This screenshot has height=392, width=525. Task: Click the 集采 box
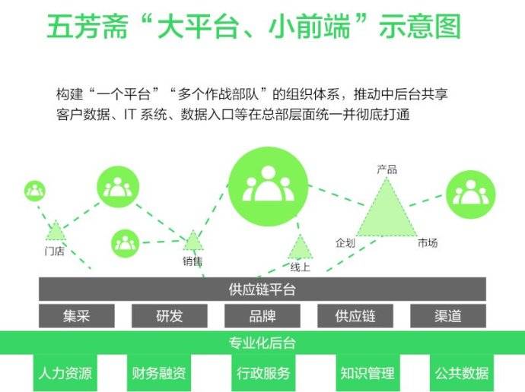point(77,316)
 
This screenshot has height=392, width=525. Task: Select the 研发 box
point(170,316)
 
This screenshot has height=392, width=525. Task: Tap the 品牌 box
point(262,316)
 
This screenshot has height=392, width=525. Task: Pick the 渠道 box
point(448,316)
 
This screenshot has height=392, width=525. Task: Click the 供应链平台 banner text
point(262,289)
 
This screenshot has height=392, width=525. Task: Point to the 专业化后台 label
point(262,343)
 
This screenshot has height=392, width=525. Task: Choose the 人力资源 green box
point(65,373)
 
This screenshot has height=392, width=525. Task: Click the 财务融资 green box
point(159,373)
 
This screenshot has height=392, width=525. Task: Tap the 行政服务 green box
point(263,373)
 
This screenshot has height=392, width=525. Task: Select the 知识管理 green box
point(367,373)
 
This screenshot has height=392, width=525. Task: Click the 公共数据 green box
point(462,373)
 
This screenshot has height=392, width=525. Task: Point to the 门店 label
point(54,251)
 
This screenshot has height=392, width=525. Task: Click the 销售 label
point(192,261)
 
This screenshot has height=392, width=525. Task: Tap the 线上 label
point(301,267)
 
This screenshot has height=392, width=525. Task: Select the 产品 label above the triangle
point(387,169)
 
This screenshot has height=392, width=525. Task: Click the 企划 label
point(345,242)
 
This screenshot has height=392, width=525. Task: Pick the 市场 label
point(428,242)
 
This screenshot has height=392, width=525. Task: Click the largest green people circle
point(268,186)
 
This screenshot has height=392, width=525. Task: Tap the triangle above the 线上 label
point(300,247)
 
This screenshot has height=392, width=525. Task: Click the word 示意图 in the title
point(420,26)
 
